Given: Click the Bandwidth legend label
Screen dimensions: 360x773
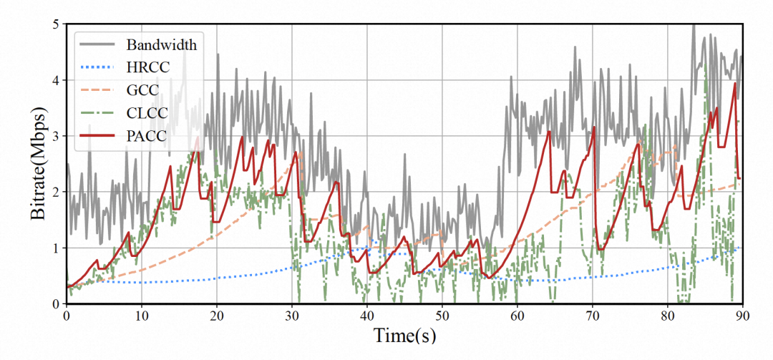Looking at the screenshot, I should coord(162,44).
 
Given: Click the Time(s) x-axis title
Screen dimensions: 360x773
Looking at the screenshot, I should coord(404,335).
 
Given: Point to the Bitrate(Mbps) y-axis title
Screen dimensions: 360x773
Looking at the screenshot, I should coord(40,165).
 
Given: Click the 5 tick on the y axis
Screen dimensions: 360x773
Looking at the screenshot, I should coord(56,24).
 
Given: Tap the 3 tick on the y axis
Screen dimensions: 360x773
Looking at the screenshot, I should coord(56,136).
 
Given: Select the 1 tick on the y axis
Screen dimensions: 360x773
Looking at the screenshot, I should coord(56,248).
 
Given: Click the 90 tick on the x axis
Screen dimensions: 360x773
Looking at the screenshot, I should coord(743,315).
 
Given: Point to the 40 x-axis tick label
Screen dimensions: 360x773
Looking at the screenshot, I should coord(367,315).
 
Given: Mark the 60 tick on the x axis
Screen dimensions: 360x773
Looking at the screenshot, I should coord(517,315).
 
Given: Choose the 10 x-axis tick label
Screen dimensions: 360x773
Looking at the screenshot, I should coord(142,315).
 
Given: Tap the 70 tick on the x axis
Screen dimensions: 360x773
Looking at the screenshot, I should coord(593,315).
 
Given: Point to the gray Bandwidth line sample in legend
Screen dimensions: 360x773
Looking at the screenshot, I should coord(97,44).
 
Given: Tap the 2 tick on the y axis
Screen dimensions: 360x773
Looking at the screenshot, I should coord(56,192).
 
